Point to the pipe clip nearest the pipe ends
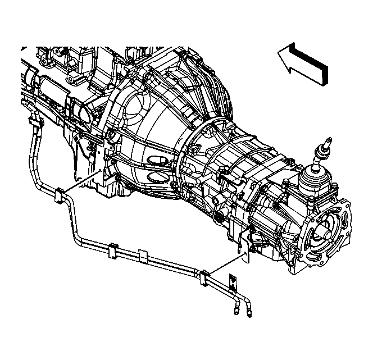pyautogui.click(x=203, y=276)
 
